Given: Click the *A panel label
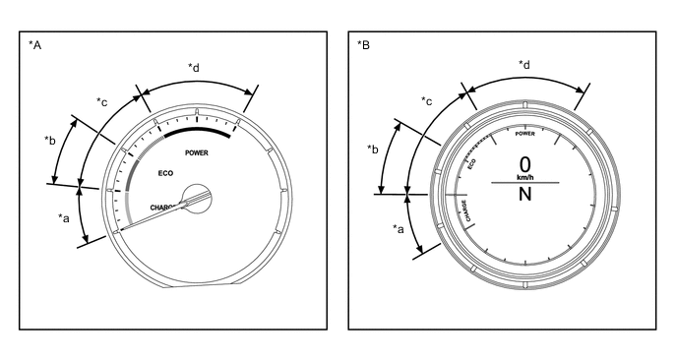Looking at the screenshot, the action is click(x=34, y=44).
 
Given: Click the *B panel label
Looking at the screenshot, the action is click(x=363, y=44).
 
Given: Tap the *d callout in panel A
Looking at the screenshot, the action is click(x=194, y=67).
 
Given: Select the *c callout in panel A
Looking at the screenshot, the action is click(x=102, y=102).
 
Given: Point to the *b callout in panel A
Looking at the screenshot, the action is click(x=50, y=141).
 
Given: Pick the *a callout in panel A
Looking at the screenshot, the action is click(x=63, y=218).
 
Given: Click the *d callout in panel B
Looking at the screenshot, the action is click(x=524, y=65).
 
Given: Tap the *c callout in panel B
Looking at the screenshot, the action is click(x=427, y=101).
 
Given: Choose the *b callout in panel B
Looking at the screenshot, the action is click(x=373, y=149).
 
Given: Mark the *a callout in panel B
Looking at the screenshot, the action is click(x=399, y=229).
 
